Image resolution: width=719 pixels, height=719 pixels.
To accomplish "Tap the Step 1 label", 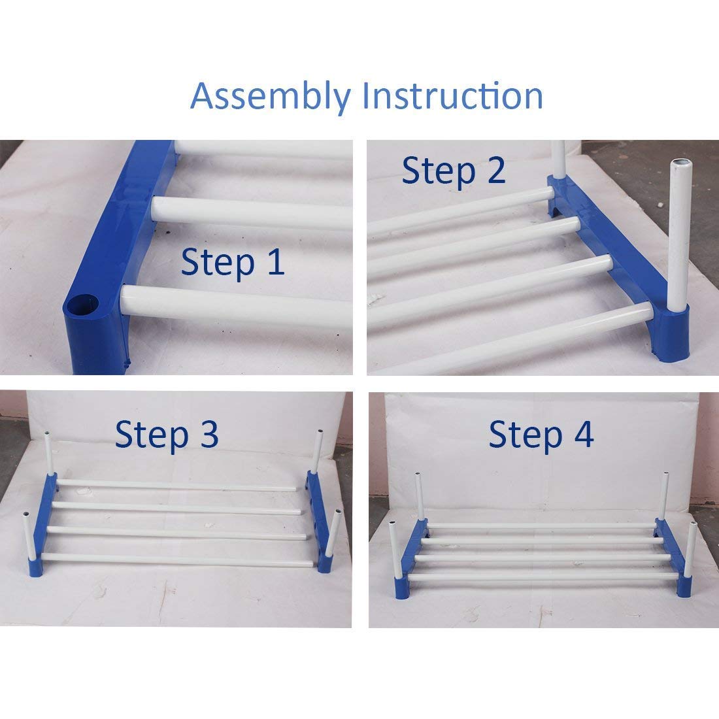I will (x=233, y=262).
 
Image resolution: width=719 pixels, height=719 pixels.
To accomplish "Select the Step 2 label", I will (x=454, y=171).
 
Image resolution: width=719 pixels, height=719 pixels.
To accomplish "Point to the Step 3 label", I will (x=167, y=434).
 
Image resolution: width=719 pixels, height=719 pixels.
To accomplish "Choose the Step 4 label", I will (x=541, y=435).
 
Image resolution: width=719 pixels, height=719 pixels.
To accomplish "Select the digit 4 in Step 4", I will (x=582, y=435).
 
